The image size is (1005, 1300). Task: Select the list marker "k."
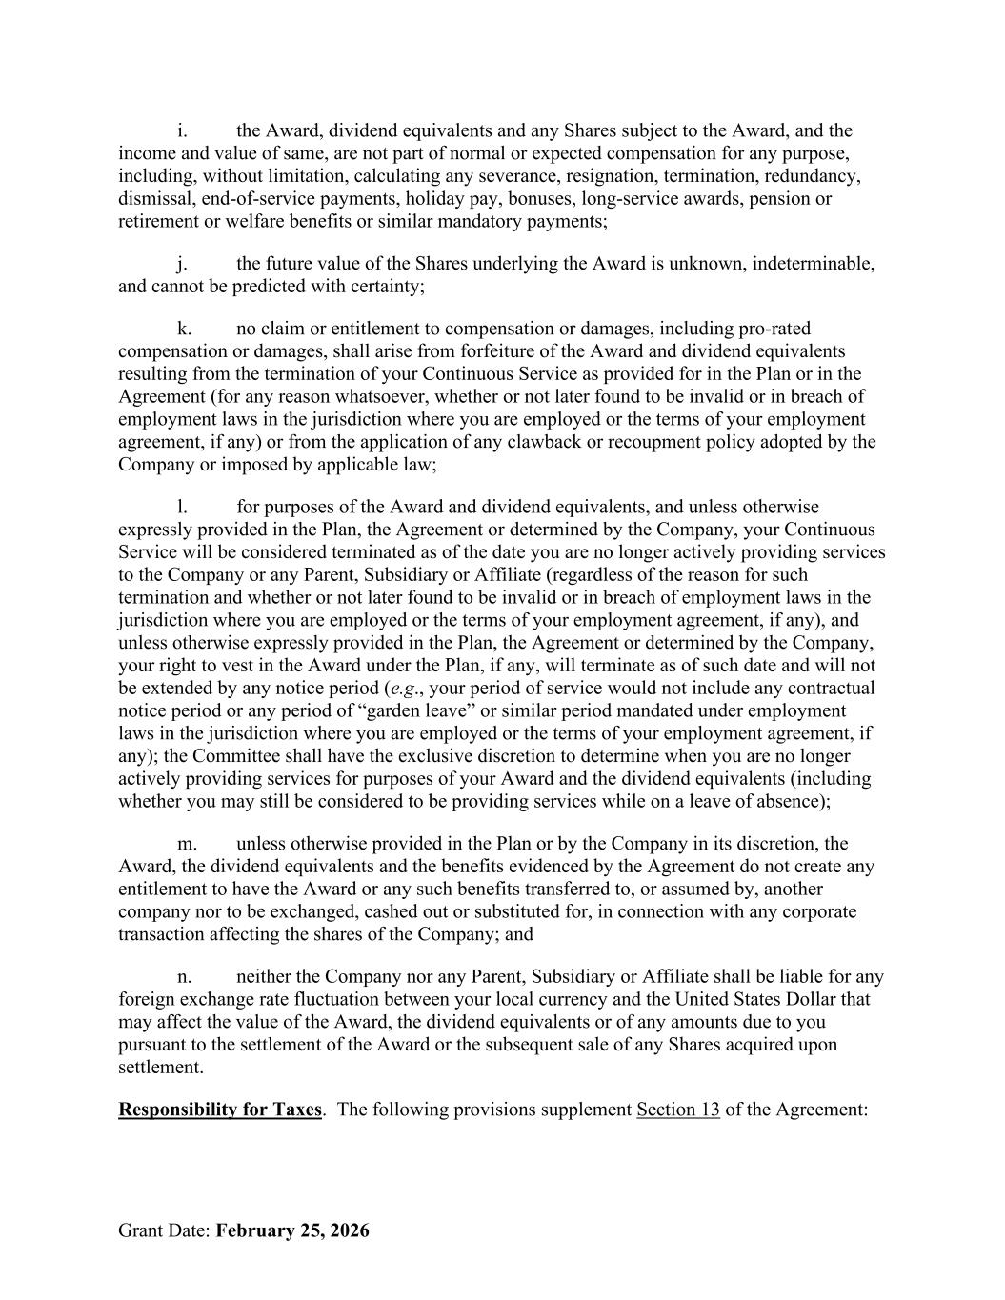tap(184, 329)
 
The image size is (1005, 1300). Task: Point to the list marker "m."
tap(187, 844)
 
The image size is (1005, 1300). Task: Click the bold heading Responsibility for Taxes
tap(220, 1110)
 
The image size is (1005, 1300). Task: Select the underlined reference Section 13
tap(678, 1110)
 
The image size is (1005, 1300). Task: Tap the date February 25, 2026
tap(292, 1230)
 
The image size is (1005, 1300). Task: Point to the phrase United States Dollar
tap(773, 1000)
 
